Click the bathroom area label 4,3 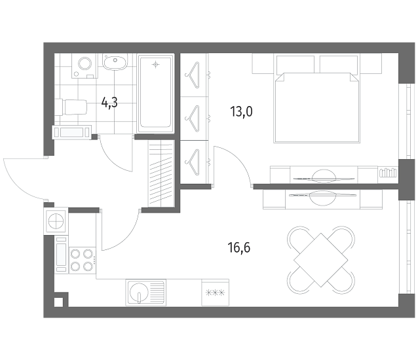pos(109,102)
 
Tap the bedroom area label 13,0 pos(241,111)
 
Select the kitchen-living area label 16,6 pos(239,247)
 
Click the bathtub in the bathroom pos(156,94)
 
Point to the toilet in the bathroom pos(71,107)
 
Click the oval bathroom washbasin pos(115,63)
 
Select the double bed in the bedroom pos(317,99)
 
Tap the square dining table pos(321,260)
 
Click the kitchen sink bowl pos(138,293)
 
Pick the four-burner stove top pos(82,260)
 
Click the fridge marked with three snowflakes pos(216,293)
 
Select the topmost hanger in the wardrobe pos(193,75)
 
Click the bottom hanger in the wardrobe pos(193,162)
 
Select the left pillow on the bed pos(295,64)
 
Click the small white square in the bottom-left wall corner pos(58,302)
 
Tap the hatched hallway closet pos(161,173)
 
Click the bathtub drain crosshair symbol pos(156,64)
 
